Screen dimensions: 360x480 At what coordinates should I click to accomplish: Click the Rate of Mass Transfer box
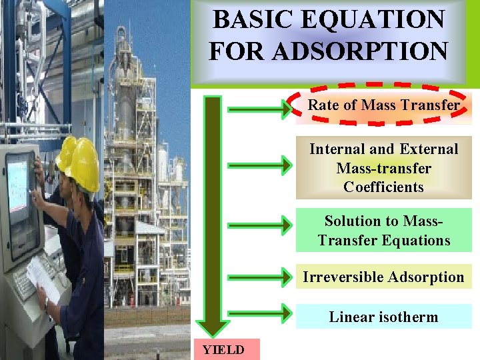(x=383, y=105)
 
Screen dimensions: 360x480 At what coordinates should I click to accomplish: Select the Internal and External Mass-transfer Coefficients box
(x=383, y=168)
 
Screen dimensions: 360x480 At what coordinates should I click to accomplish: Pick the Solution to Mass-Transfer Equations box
(x=383, y=230)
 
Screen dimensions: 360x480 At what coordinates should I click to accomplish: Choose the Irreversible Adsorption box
(x=383, y=277)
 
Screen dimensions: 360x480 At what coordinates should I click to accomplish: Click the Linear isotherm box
(x=383, y=317)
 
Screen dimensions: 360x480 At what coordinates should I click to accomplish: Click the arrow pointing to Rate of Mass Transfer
(x=256, y=109)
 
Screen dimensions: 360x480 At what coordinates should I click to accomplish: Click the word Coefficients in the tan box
(x=383, y=187)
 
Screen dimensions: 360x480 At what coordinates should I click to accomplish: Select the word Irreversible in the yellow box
(x=343, y=277)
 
